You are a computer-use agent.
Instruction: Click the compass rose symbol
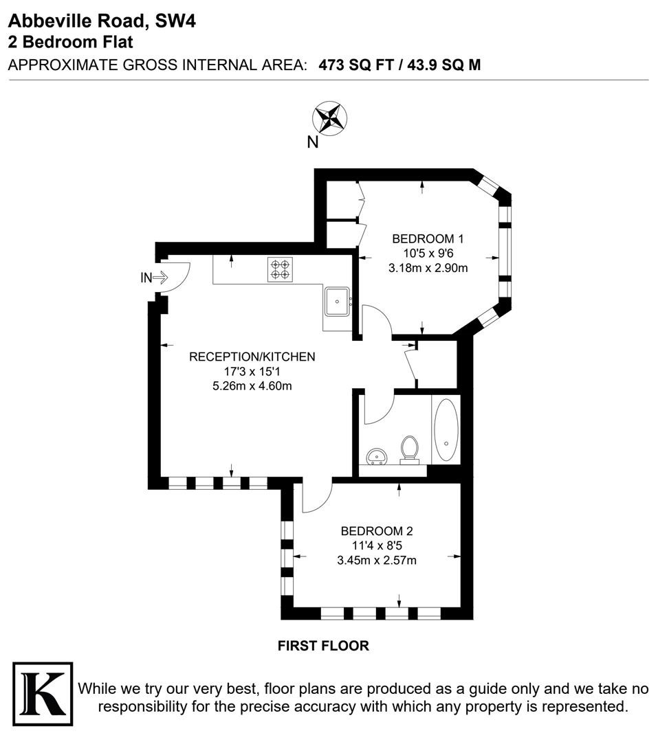[x=330, y=118]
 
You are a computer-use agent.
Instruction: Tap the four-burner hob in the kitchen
[x=280, y=269]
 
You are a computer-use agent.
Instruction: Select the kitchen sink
[x=337, y=302]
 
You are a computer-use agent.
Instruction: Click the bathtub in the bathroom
[x=446, y=430]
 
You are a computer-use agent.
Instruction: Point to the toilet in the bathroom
[x=409, y=449]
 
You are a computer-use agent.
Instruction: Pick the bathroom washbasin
[x=377, y=457]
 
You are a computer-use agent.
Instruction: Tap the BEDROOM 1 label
[x=428, y=238]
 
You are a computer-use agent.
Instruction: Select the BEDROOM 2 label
[x=377, y=531]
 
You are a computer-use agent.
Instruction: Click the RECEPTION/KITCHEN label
[x=252, y=357]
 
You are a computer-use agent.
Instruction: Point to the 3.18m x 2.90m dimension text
[x=428, y=268]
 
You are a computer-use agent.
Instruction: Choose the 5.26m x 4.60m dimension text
[x=252, y=385]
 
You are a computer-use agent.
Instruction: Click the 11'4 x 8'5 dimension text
[x=377, y=546]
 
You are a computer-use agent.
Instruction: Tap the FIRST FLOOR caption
[x=323, y=645]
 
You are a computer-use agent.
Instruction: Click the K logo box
[x=43, y=694]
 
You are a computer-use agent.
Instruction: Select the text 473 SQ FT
[x=356, y=65]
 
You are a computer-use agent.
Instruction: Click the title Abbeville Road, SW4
[x=102, y=21]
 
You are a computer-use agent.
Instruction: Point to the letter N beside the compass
[x=313, y=142]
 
